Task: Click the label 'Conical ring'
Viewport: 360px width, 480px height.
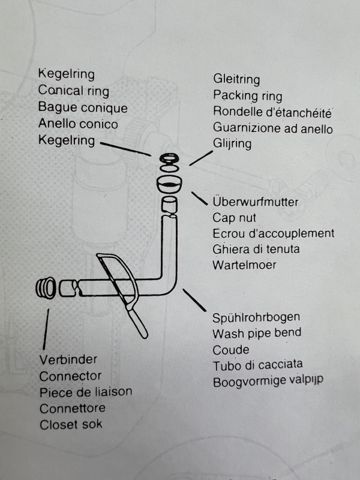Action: [x=73, y=91]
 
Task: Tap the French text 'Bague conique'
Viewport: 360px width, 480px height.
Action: [x=82, y=108]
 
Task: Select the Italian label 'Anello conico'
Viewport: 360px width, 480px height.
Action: [x=78, y=124]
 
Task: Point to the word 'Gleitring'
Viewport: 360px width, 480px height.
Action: [x=236, y=79]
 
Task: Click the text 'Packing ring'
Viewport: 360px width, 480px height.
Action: [x=247, y=95]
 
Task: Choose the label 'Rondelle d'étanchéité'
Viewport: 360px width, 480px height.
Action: [x=272, y=112]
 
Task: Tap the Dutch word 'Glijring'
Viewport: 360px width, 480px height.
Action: [x=232, y=144]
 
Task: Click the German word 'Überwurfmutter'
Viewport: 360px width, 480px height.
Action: [x=255, y=202]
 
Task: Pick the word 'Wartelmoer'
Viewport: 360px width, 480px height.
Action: [x=244, y=265]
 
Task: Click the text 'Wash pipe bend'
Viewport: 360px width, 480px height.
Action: [x=257, y=333]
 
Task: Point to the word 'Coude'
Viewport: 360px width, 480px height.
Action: [x=230, y=349]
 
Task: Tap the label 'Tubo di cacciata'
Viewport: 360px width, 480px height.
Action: [x=257, y=365]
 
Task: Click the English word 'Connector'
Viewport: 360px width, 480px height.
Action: [x=70, y=376]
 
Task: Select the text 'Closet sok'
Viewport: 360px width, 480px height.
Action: [x=71, y=425]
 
